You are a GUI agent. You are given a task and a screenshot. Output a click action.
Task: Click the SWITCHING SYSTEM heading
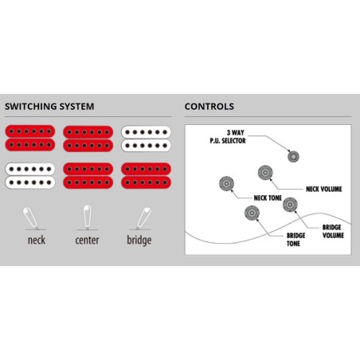coord(49,107)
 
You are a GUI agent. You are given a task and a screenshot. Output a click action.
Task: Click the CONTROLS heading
coord(209,107)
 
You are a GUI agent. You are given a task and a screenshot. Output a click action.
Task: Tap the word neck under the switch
coord(37,240)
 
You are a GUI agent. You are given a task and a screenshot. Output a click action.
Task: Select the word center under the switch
coord(87,240)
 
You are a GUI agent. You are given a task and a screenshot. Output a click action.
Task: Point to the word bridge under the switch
coord(139,241)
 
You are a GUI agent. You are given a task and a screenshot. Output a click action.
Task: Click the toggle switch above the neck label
coord(30,217)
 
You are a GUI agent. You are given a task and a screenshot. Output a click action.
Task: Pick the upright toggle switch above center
coord(88,217)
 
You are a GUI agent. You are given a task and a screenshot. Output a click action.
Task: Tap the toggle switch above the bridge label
coord(143,218)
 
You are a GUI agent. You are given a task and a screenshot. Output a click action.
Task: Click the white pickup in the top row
coord(147,139)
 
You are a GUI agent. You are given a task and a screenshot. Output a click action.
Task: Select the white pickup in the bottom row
coord(30,176)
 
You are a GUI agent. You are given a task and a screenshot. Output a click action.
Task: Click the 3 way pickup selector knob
coord(293,156)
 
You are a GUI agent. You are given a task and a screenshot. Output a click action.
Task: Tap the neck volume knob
coord(265,173)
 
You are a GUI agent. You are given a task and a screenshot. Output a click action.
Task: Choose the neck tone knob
coord(226,183)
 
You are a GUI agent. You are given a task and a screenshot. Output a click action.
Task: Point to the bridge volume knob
coord(290,205)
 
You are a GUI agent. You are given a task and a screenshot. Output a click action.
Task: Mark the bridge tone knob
coord(252,213)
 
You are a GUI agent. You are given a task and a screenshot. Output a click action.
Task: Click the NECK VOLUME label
coord(324,189)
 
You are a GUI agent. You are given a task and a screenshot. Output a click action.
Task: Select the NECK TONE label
coord(268,198)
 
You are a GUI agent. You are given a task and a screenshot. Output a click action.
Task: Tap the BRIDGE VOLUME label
coord(333,231)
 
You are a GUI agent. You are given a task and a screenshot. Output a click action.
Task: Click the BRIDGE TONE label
coord(295,240)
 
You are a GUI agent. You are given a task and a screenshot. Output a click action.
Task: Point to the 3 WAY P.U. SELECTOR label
coord(228,137)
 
